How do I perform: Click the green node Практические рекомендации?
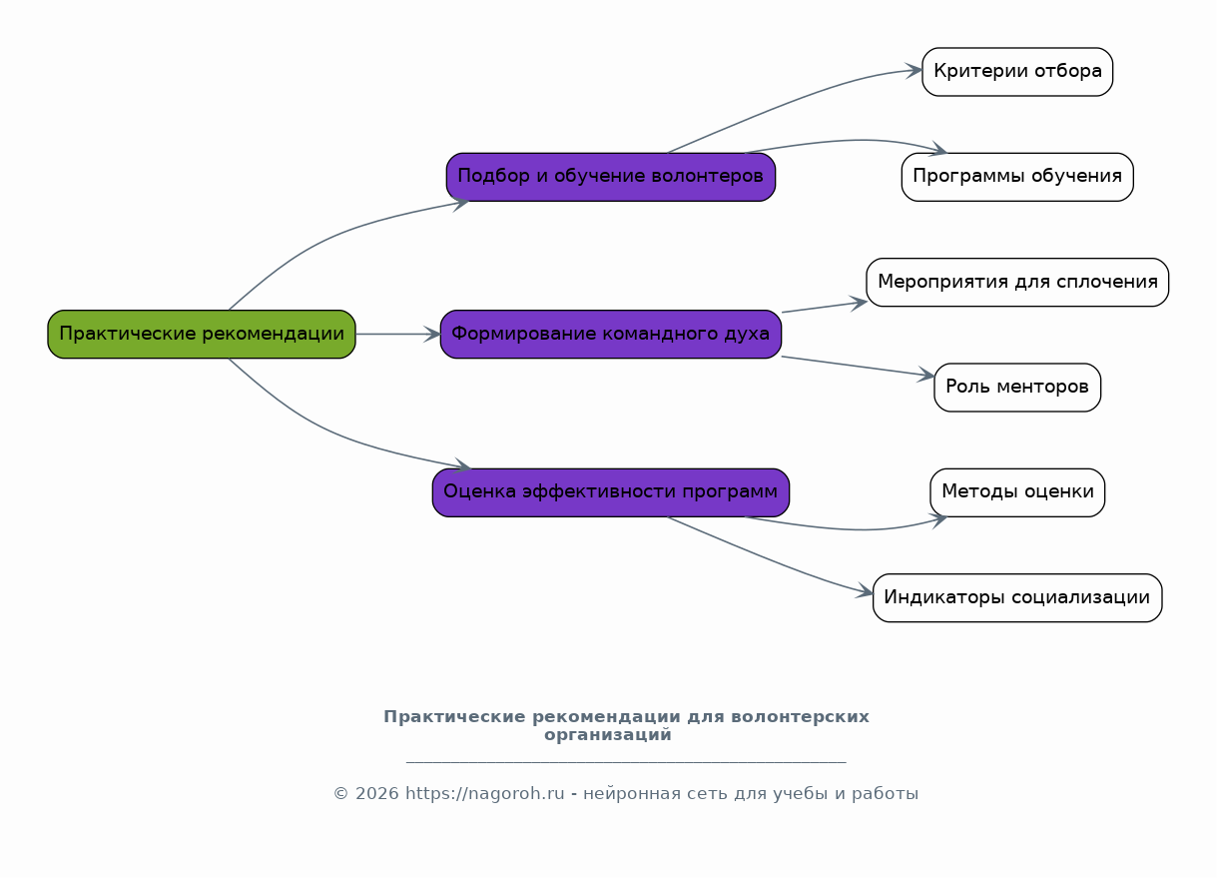(202, 334)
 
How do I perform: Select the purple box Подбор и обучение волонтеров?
(610, 177)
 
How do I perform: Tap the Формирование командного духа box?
(610, 334)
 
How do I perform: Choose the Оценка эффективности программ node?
(610, 492)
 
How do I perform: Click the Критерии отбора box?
(1016, 72)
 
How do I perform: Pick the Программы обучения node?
(1016, 177)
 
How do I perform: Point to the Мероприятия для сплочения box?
(1016, 282)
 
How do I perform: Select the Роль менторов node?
(1016, 388)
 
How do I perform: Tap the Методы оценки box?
(1016, 492)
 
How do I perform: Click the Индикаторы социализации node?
(1016, 597)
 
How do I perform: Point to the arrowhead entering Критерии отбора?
(914, 70)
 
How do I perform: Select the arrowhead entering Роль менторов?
(926, 376)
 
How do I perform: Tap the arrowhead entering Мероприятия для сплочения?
(859, 301)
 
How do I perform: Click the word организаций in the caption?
(607, 735)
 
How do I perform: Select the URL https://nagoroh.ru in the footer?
(484, 794)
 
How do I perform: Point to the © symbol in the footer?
(340, 794)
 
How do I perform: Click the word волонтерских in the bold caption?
(800, 717)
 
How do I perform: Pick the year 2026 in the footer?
(376, 794)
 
